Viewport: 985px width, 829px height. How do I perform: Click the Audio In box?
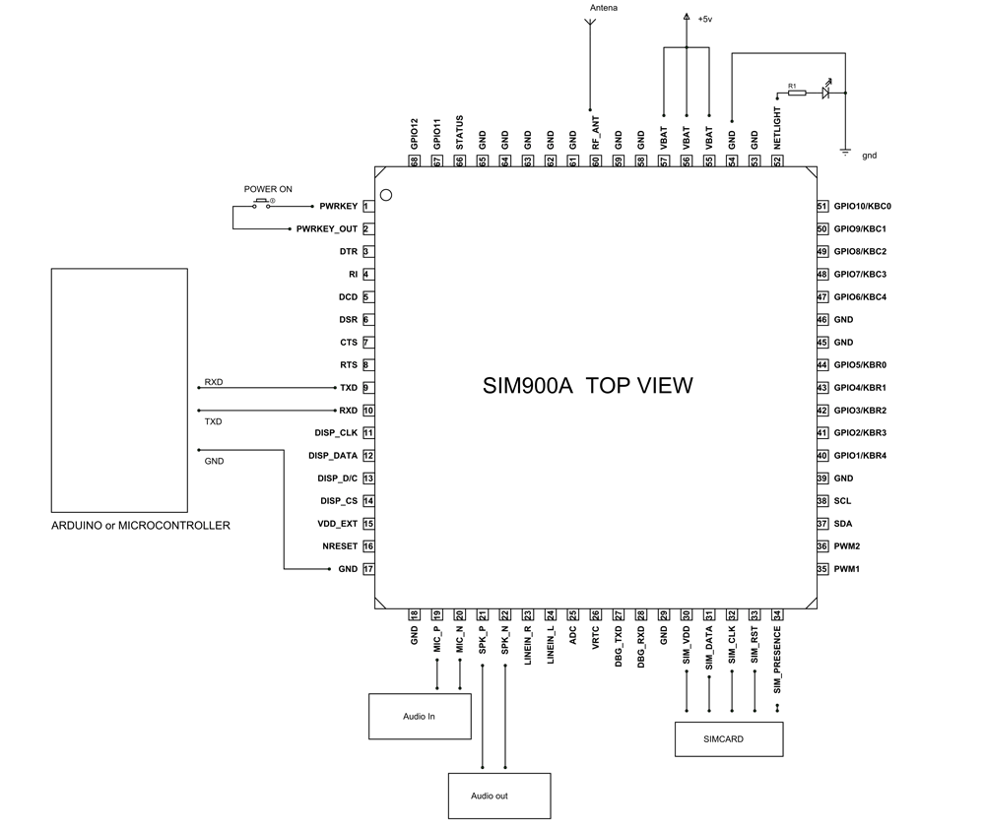(x=419, y=716)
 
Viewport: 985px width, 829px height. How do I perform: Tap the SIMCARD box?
(x=729, y=738)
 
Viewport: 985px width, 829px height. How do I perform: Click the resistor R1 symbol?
(x=796, y=94)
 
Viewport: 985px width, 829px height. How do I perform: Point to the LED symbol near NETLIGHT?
(x=826, y=93)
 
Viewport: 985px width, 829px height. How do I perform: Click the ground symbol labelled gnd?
(x=845, y=151)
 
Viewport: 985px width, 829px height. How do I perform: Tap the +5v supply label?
(x=704, y=19)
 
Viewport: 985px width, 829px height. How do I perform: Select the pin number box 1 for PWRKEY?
(x=366, y=207)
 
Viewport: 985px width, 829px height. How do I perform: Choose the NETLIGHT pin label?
(x=778, y=128)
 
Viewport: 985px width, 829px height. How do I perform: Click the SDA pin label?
(x=842, y=524)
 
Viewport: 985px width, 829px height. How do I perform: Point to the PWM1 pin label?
(x=847, y=569)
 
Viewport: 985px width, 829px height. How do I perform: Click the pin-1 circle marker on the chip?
(x=387, y=195)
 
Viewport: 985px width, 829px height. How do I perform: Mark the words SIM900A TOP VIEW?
(x=587, y=385)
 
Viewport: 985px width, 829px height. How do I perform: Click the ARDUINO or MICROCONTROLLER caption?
(x=141, y=526)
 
